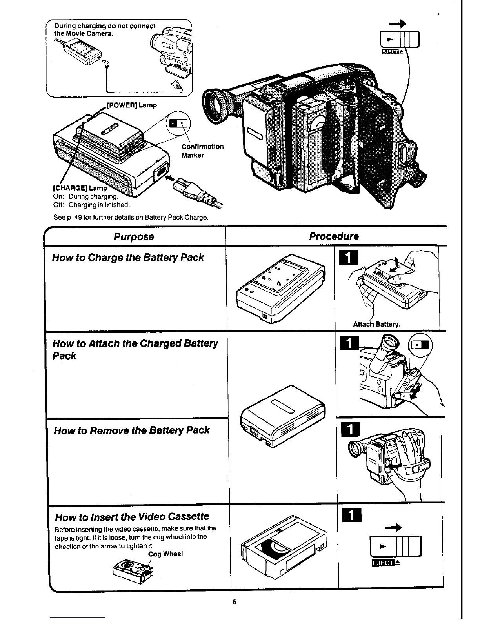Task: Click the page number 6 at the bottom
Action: tap(234, 602)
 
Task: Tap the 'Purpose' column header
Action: tap(134, 237)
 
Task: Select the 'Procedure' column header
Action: tap(334, 236)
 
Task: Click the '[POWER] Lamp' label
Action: tap(132, 105)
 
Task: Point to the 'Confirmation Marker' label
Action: tap(202, 151)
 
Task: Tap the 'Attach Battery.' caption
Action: tap(376, 324)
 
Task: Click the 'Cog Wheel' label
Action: tap(165, 554)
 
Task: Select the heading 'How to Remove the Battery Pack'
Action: tap(131, 430)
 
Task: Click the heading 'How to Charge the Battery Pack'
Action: tap(128, 258)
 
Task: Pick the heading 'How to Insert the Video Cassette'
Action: tap(132, 517)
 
